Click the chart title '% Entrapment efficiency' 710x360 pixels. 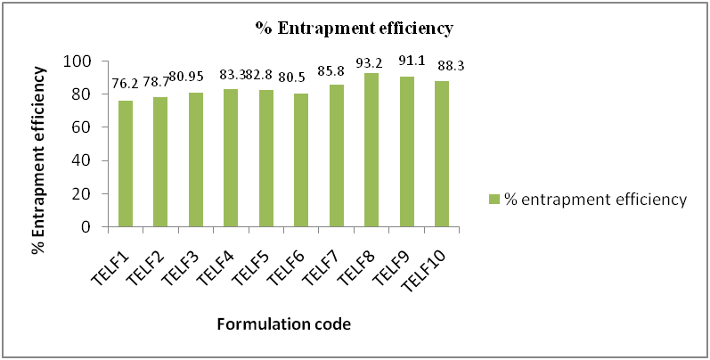pyautogui.click(x=355, y=28)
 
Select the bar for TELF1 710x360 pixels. pyautogui.click(x=126, y=164)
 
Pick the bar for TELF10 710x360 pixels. pyautogui.click(x=442, y=154)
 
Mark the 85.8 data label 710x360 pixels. pyautogui.click(x=337, y=72)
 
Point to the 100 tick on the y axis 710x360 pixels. pyautogui.click(x=80, y=61)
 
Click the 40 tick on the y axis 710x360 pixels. pyautogui.click(x=84, y=160)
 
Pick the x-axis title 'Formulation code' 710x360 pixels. pyautogui.click(x=283, y=325)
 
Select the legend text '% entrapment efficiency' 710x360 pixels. pyautogui.click(x=595, y=200)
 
